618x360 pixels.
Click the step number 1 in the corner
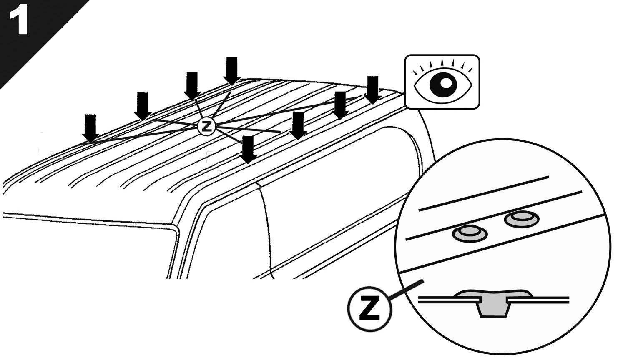pyautogui.click(x=19, y=21)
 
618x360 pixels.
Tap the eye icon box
pyautogui.click(x=442, y=82)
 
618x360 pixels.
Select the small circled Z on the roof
pyautogui.click(x=206, y=127)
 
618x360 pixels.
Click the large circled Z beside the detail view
pyautogui.click(x=369, y=308)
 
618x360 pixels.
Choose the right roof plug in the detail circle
pyautogui.click(x=522, y=219)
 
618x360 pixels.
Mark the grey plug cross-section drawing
pyautogui.click(x=494, y=303)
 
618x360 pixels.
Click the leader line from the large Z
pyautogui.click(x=406, y=290)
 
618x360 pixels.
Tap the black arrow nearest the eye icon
pyautogui.click(x=373, y=90)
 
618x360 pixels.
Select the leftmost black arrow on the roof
pyautogui.click(x=90, y=128)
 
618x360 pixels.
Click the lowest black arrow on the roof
pyautogui.click(x=248, y=150)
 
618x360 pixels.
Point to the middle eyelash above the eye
pyautogui.click(x=442, y=62)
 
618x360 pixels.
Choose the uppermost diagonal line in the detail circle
pyautogui.click(x=484, y=193)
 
